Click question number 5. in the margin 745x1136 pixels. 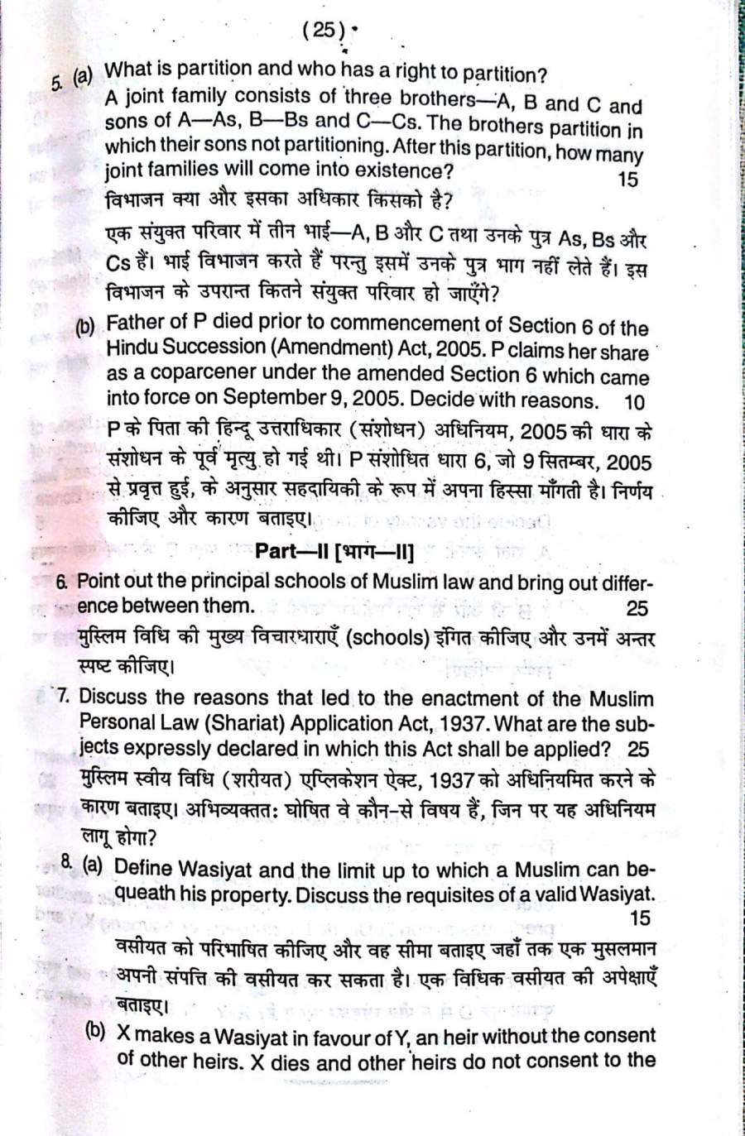(x=57, y=83)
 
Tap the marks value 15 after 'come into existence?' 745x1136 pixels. (x=627, y=179)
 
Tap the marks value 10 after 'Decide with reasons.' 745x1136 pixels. (x=634, y=402)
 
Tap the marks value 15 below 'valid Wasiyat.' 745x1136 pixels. (x=640, y=918)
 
